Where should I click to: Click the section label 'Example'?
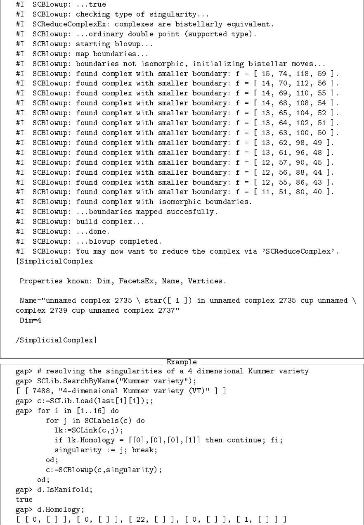[x=181, y=362]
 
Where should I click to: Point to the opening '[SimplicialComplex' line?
[x=54, y=261]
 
